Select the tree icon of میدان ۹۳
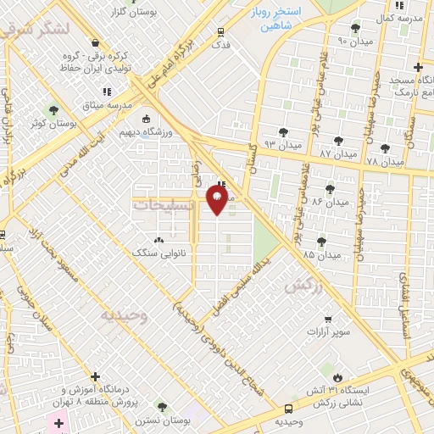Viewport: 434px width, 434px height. click(282, 132)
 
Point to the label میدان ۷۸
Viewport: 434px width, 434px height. click(385, 160)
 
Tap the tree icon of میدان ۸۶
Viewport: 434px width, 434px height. click(330, 188)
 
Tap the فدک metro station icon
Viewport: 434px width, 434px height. click(221, 31)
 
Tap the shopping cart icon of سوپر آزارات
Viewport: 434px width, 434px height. click(328, 319)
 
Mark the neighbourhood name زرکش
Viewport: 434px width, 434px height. click(304, 286)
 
